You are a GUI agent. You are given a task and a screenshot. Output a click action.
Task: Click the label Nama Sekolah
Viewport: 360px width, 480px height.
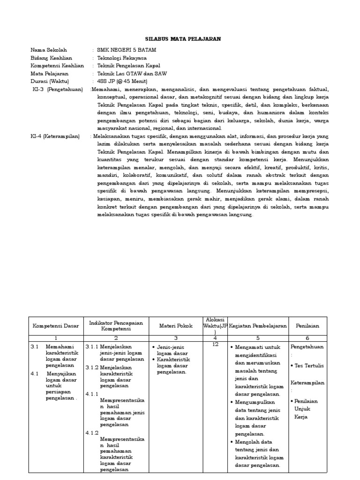49,50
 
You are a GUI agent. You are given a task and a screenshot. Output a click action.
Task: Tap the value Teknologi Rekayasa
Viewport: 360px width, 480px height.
121,58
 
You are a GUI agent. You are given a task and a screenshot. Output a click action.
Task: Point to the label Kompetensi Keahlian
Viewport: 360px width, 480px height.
57,66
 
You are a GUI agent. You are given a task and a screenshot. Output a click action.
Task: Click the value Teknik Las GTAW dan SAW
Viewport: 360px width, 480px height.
131,74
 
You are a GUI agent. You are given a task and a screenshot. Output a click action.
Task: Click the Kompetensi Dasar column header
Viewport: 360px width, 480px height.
55,326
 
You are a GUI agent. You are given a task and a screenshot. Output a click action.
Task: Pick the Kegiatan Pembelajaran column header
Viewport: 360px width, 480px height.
257,326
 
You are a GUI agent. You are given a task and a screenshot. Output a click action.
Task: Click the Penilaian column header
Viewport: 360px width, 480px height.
307,326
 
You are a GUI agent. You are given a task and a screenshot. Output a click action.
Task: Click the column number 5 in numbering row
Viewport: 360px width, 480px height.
257,337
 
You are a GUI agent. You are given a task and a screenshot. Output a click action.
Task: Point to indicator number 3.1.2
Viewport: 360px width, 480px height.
92,367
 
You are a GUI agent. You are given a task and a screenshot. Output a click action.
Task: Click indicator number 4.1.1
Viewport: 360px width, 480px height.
92,394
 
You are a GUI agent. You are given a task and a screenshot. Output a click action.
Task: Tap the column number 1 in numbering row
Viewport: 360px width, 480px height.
55,337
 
